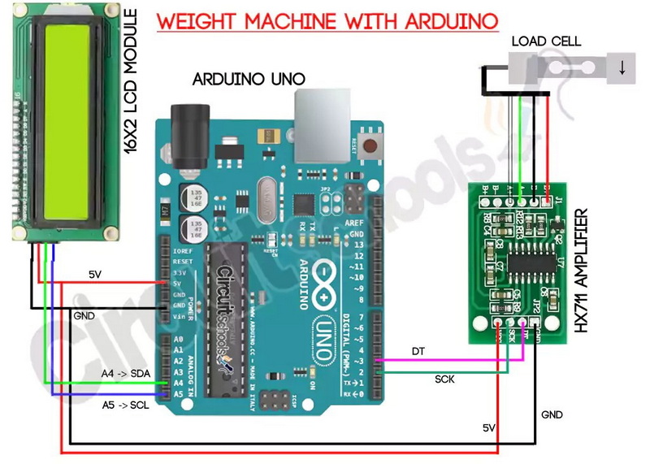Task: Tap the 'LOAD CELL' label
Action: [544, 41]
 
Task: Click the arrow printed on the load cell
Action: [622, 68]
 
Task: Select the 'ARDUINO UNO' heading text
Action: [249, 79]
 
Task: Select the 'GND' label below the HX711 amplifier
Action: [552, 414]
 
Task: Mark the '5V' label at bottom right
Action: [489, 427]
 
